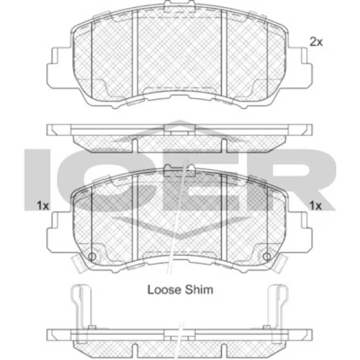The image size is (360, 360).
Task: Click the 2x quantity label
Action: (316, 42)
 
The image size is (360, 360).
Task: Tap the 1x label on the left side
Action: (42, 206)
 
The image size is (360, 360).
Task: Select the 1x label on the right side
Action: (315, 206)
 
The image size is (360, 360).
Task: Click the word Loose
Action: (164, 289)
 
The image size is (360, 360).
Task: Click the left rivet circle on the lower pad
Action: (92, 256)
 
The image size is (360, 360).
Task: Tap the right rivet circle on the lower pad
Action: (267, 256)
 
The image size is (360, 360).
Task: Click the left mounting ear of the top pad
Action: (59, 67)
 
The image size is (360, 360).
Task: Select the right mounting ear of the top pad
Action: (300, 67)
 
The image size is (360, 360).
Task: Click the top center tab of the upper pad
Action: (179, 5)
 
